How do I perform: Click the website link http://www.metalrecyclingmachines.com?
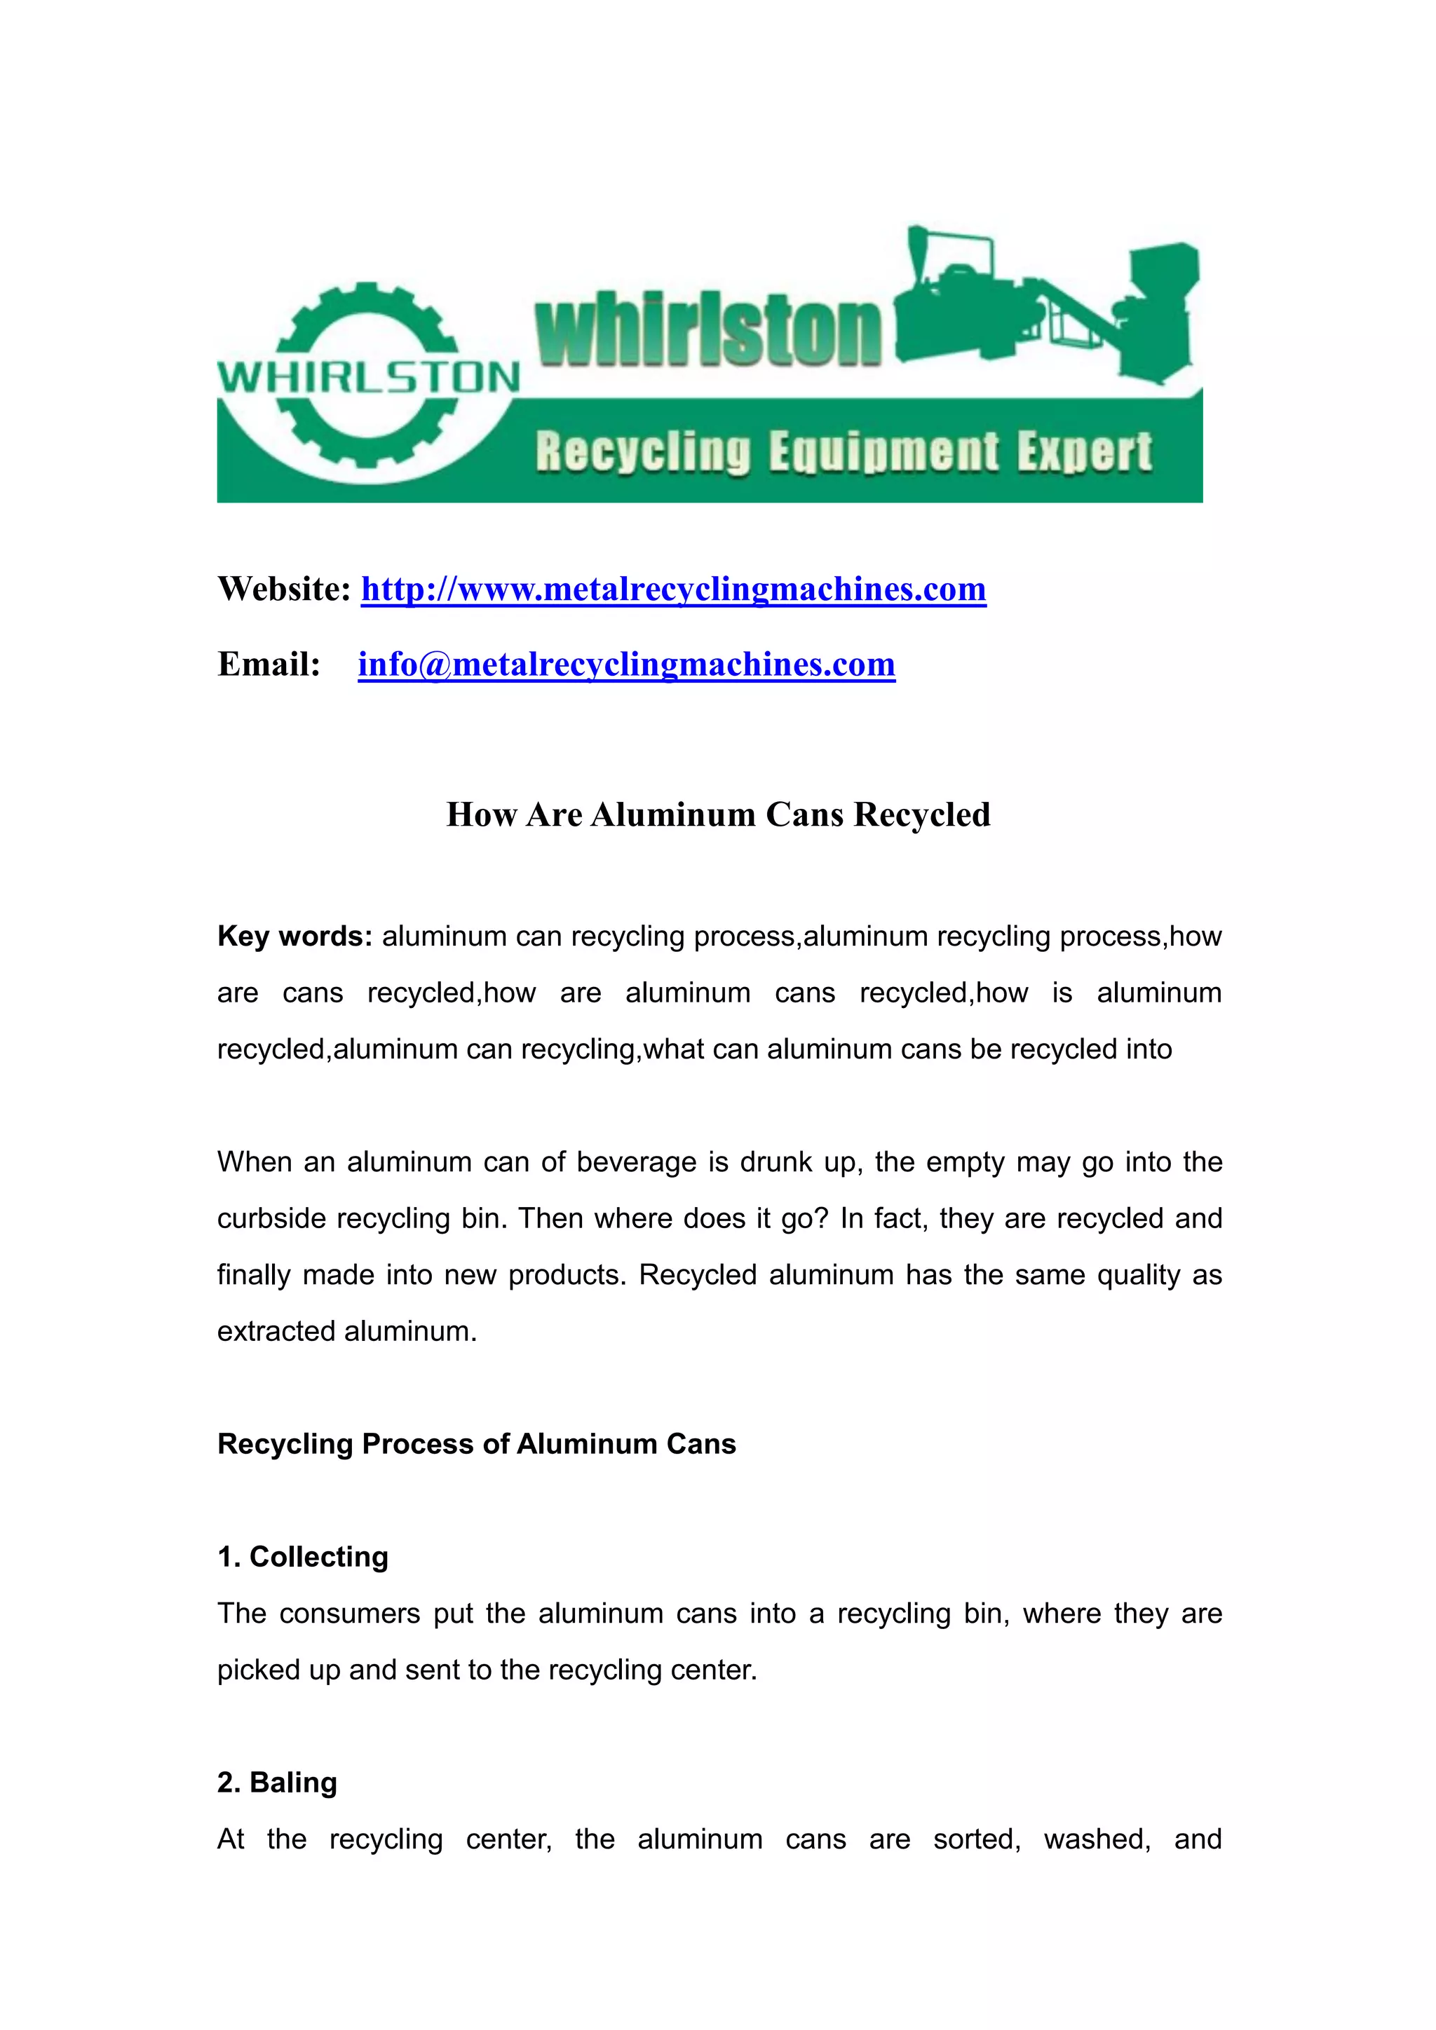coord(673,590)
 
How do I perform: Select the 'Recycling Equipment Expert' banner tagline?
coord(844,452)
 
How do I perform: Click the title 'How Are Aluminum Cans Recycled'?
coord(718,815)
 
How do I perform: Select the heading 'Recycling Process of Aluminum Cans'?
coord(477,1444)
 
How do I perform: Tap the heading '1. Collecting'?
coord(302,1556)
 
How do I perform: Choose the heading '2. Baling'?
coord(278,1783)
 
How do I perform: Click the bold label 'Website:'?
coord(285,590)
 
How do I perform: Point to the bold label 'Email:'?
coord(269,664)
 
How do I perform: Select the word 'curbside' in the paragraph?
coord(271,1218)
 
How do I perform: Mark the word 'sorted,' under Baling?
coord(977,1839)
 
